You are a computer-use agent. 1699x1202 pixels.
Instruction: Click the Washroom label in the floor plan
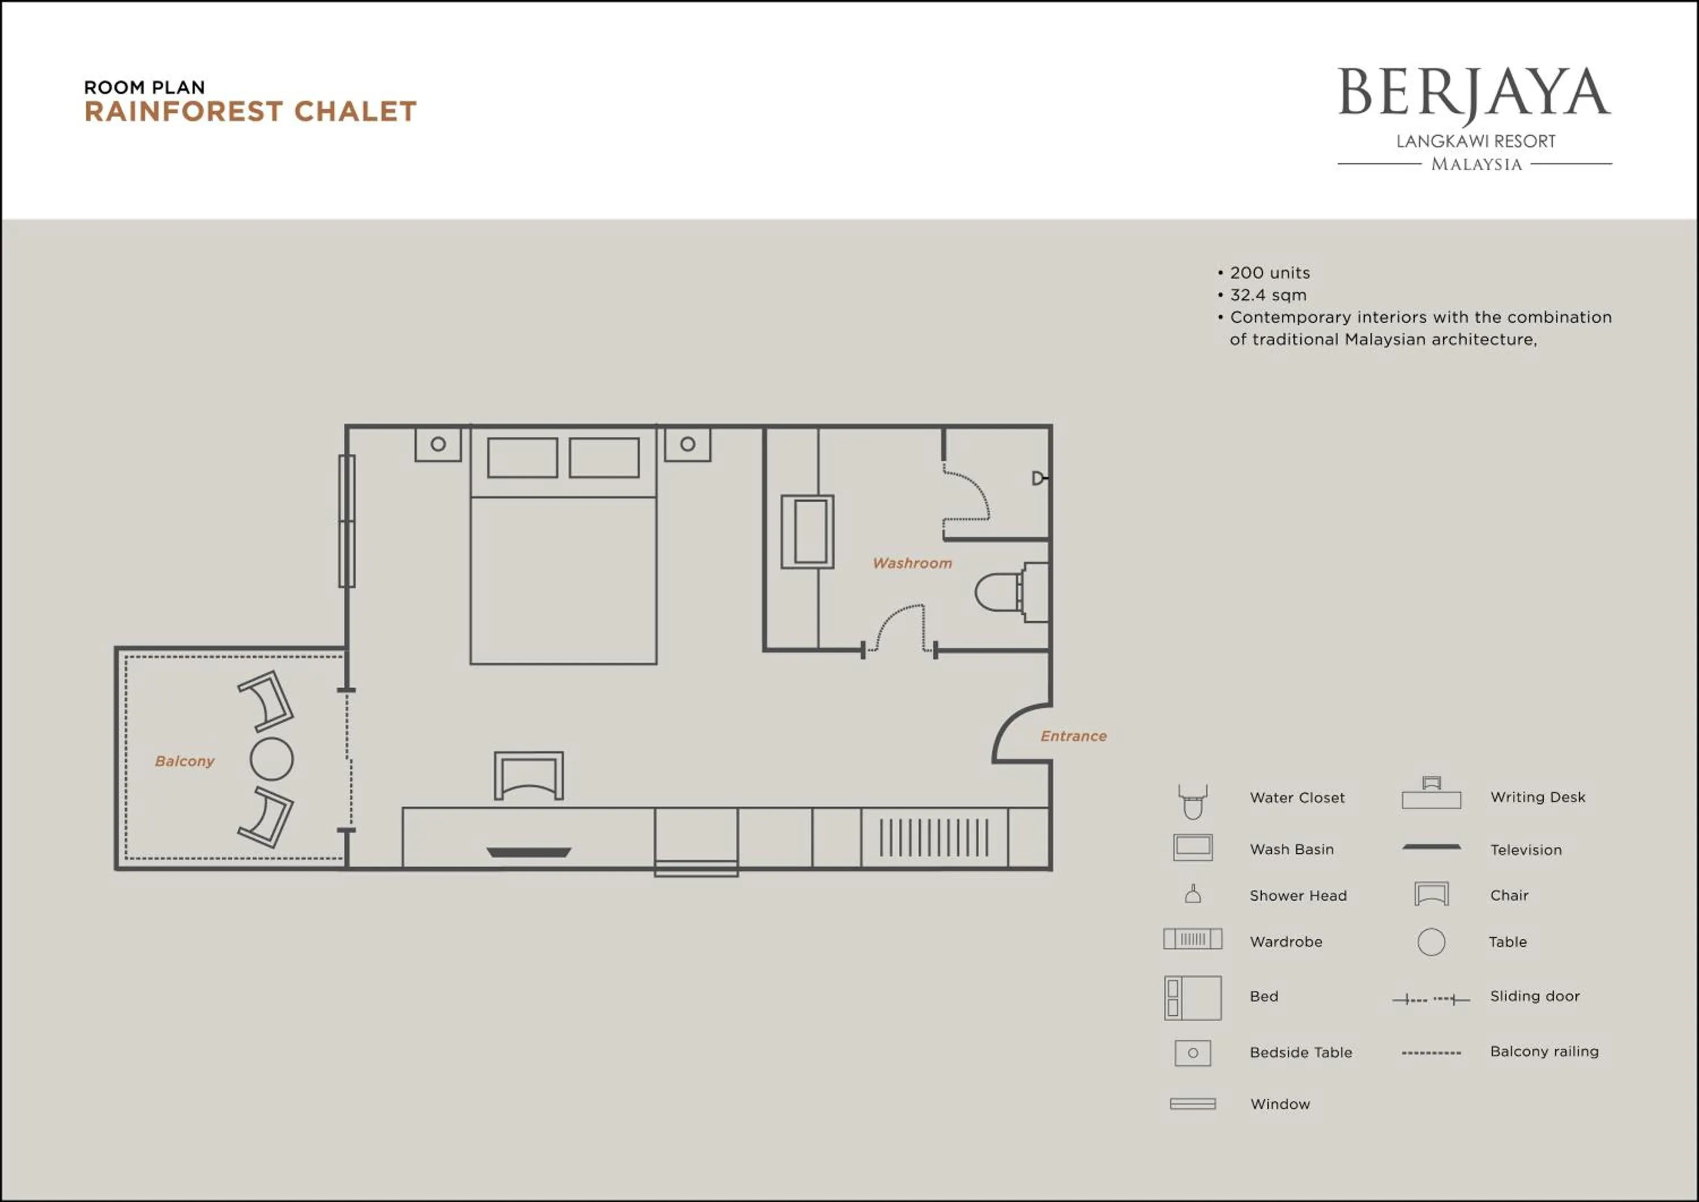point(912,563)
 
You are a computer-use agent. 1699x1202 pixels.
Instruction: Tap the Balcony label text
point(184,761)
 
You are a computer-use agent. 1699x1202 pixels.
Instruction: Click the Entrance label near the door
point(1073,736)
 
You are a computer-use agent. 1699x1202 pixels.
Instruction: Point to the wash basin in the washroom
point(808,531)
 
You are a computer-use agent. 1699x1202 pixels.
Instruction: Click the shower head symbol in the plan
point(1039,478)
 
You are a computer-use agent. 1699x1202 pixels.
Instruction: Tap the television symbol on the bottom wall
point(528,852)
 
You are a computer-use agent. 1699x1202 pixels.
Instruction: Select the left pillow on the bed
point(522,458)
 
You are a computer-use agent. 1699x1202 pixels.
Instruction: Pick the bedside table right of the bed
point(688,444)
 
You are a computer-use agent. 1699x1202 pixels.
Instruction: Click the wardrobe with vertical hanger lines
point(934,838)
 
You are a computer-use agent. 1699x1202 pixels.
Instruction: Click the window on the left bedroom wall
point(346,521)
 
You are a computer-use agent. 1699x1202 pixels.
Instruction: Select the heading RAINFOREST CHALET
point(250,112)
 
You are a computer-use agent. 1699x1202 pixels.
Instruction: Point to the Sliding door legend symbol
point(1431,999)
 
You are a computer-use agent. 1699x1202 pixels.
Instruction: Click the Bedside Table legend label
point(1300,1052)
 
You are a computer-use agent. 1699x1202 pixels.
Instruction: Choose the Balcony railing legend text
point(1544,1051)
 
